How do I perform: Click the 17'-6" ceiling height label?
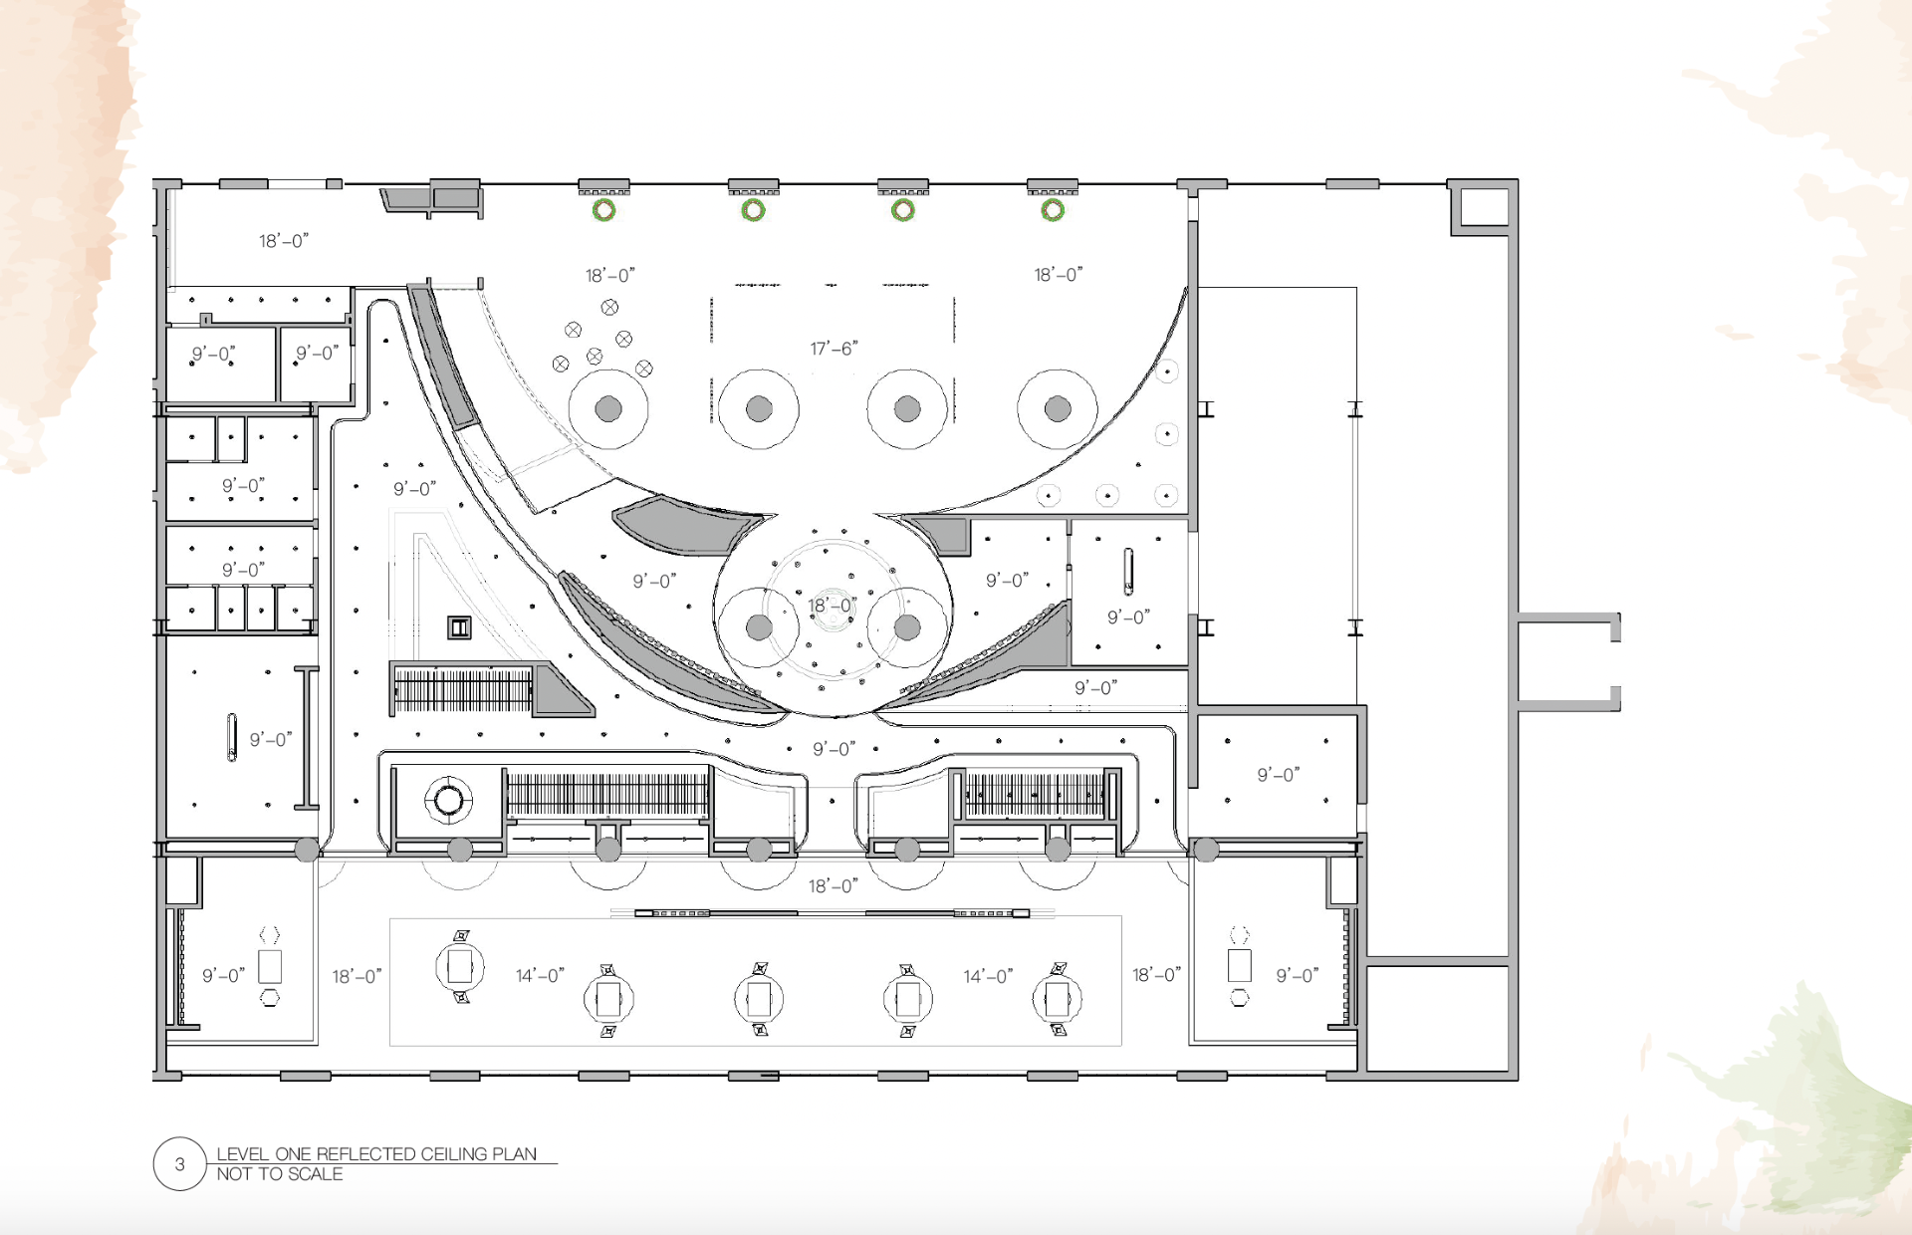tap(834, 349)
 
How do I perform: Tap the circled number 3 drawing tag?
tap(180, 1163)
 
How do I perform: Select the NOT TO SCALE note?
tap(280, 1174)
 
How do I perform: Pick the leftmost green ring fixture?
tap(603, 210)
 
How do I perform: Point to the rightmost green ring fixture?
tap(1053, 210)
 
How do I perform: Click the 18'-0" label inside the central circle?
tap(832, 606)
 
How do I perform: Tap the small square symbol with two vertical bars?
tap(459, 627)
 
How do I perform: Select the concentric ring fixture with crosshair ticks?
tap(448, 800)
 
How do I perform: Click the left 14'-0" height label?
tap(540, 976)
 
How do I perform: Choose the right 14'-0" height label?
tap(988, 976)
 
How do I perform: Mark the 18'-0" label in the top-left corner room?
tap(284, 241)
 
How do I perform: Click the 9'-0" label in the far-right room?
tap(1279, 774)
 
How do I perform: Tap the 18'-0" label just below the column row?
tap(833, 885)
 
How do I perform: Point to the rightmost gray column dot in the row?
tap(1206, 850)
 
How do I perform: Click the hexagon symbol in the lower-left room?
tap(269, 997)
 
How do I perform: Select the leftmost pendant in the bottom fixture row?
tap(460, 966)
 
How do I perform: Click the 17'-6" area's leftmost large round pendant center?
tap(608, 408)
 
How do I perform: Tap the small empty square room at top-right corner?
tap(1485, 206)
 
